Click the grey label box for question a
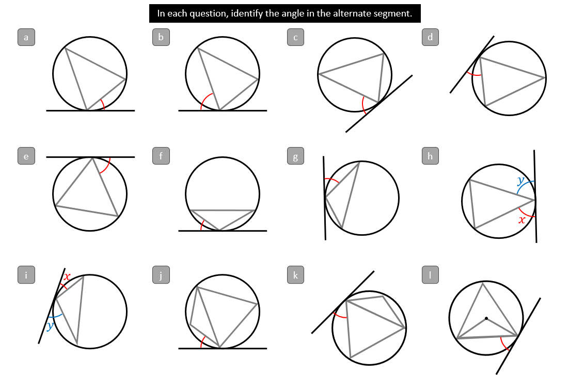[26, 37]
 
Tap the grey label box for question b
[161, 37]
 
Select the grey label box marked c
[295, 37]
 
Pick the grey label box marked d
[430, 37]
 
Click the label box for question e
[26, 156]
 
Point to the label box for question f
[161, 156]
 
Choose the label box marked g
[295, 156]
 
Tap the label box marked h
[430, 156]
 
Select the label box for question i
[26, 274]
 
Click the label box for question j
[161, 274]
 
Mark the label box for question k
[295, 274]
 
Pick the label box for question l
[430, 274]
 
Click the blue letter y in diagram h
[521, 180]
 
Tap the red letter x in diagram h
[522, 220]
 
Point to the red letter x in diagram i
[67, 277]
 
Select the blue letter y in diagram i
[50, 325]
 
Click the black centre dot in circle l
[486, 318]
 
